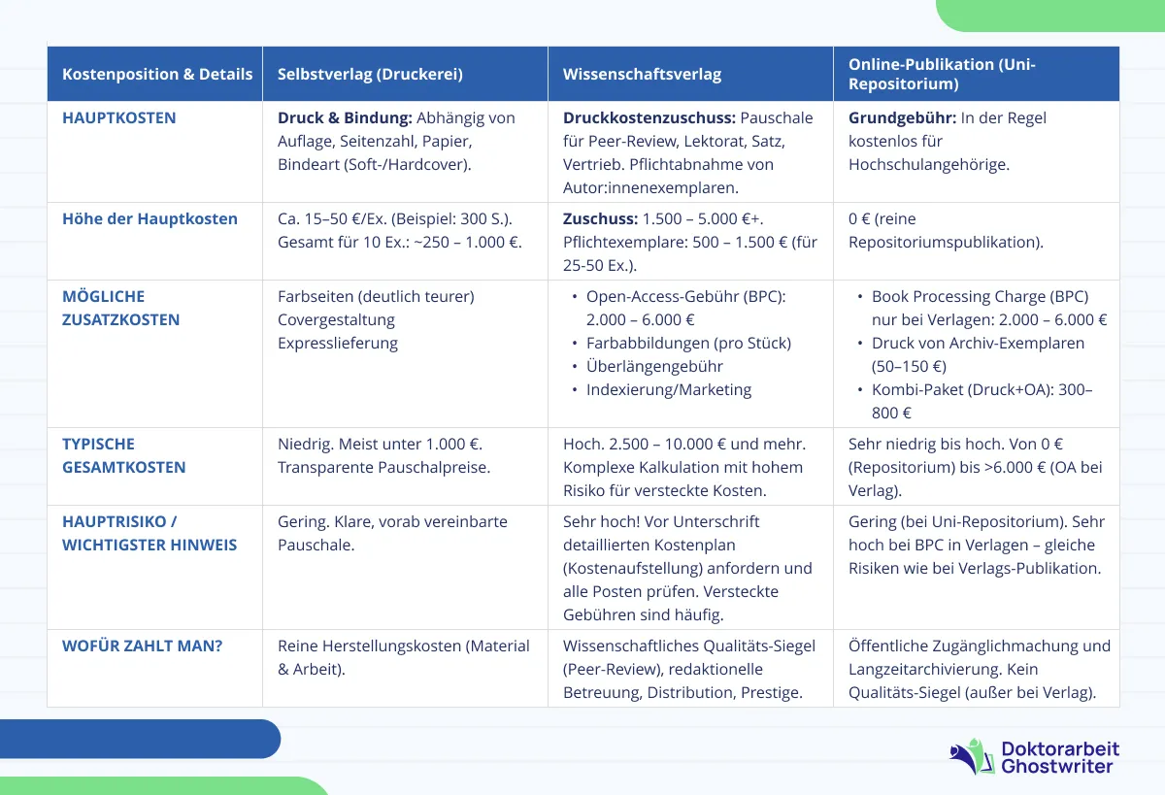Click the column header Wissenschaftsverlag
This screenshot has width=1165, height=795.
642,74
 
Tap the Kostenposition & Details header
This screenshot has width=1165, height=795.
157,74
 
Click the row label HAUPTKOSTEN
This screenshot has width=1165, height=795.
119,117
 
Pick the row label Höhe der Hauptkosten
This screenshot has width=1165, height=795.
150,218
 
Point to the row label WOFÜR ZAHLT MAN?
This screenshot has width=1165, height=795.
143,646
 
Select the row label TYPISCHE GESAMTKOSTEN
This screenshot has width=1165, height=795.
124,455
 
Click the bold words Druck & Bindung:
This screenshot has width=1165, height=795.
345,117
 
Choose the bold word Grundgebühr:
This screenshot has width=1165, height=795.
902,117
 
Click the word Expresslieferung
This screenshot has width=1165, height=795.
338,343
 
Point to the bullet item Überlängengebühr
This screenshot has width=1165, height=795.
654,366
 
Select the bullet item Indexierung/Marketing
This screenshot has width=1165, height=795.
669,389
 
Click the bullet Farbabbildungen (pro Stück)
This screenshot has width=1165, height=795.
688,343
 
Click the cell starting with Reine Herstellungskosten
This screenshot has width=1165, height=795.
403,657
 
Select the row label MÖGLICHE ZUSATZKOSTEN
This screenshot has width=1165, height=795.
121,308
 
